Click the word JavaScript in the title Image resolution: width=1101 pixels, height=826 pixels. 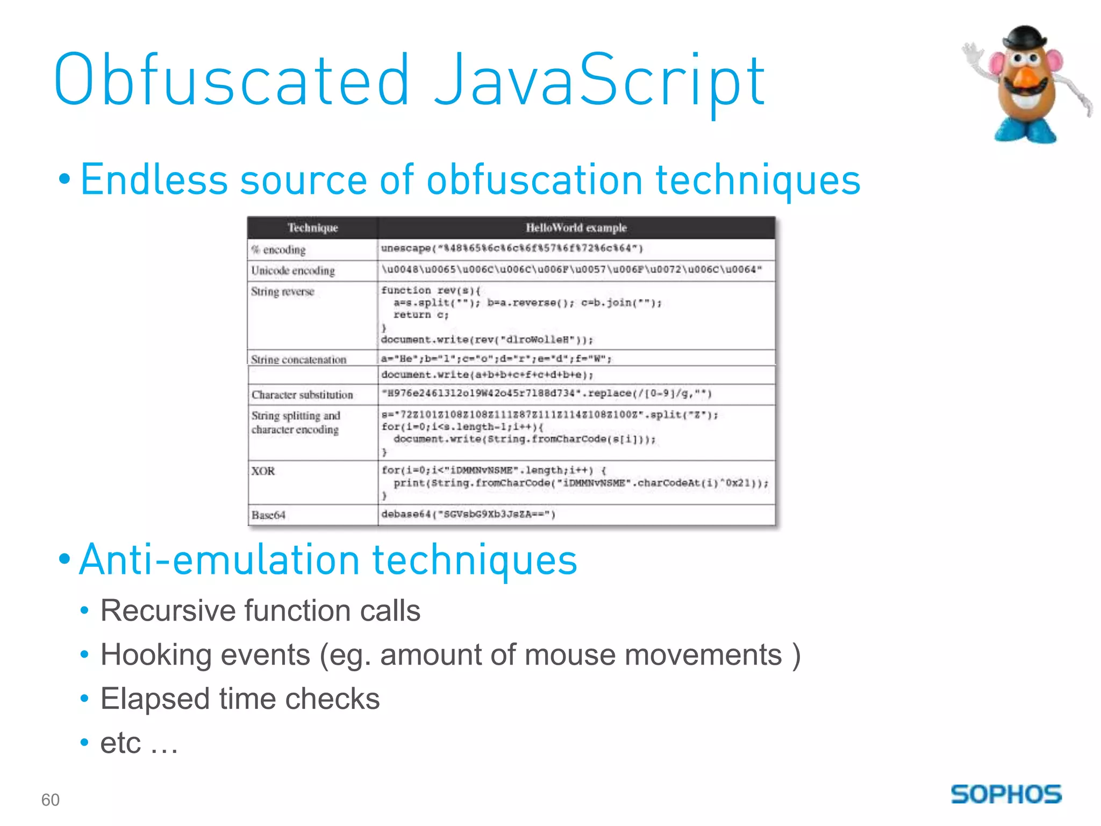coord(599,81)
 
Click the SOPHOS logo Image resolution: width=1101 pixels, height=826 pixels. coord(1006,794)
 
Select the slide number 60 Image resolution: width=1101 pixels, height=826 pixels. coord(50,800)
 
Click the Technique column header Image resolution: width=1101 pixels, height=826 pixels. coord(312,227)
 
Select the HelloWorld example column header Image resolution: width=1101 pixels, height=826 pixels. coord(576,227)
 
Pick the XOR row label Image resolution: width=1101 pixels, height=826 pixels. coord(263,471)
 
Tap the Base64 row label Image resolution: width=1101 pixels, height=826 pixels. coord(268,515)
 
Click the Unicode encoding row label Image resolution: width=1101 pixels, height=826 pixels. coord(293,270)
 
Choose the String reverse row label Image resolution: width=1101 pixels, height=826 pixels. coord(282,291)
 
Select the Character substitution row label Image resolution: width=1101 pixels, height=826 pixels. coord(302,395)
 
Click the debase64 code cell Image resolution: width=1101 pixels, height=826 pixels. coord(468,514)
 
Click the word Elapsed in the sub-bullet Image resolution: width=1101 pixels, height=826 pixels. coord(154,699)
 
